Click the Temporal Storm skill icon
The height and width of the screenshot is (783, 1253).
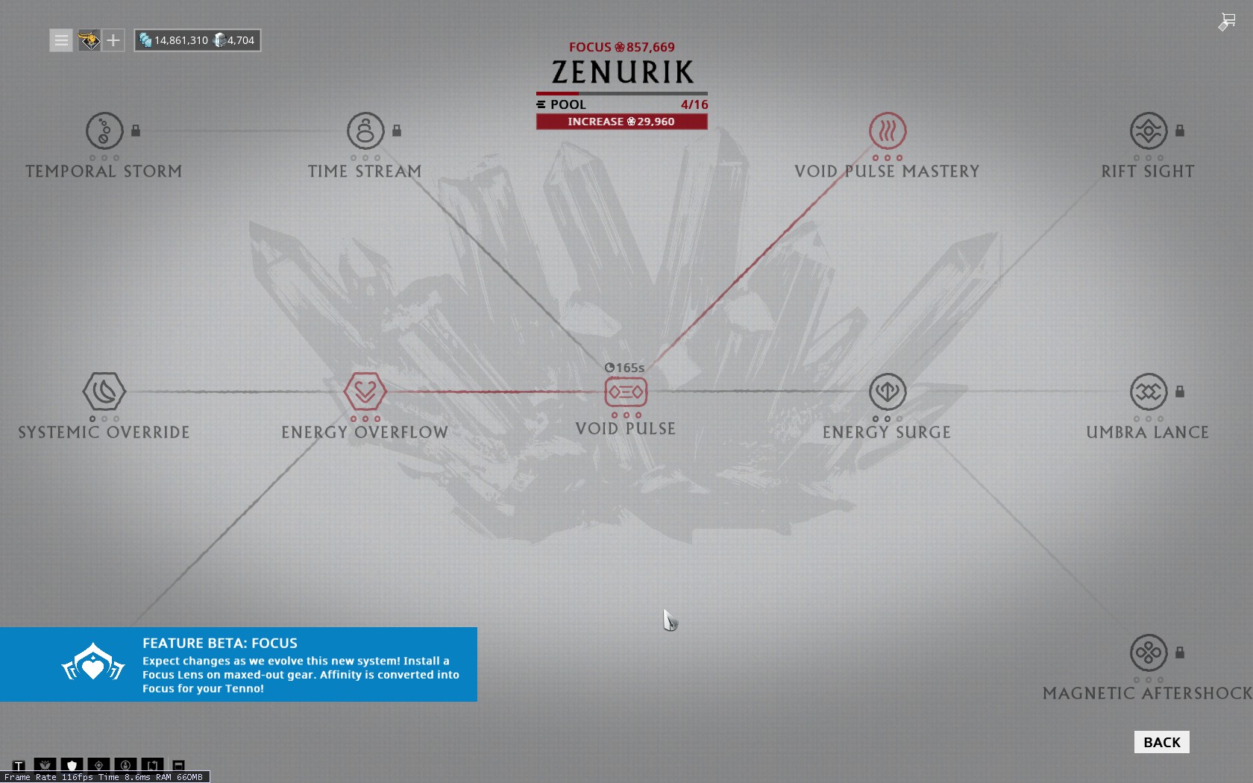(104, 131)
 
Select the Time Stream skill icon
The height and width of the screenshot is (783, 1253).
(365, 131)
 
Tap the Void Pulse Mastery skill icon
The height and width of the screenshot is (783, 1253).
(888, 131)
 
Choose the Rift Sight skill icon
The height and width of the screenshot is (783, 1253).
(1149, 131)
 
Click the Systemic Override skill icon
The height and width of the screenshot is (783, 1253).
(104, 391)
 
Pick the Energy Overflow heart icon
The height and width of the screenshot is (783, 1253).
(365, 391)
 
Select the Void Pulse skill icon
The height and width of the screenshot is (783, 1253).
(626, 392)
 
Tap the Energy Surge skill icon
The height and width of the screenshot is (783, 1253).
(888, 391)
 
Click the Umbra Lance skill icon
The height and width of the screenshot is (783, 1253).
(1149, 391)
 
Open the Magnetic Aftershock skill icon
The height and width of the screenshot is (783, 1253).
(1149, 652)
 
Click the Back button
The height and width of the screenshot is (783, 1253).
(1162, 742)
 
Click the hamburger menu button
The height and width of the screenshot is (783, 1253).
(61, 40)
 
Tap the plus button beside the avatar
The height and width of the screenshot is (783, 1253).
(113, 40)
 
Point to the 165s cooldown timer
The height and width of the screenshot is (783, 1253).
(625, 368)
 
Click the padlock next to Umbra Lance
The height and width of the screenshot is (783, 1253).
(1180, 391)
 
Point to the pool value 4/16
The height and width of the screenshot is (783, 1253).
(694, 104)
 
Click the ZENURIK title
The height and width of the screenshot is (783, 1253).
(622, 72)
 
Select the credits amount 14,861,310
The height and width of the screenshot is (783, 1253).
(180, 40)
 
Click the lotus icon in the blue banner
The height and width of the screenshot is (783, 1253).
(92, 664)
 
